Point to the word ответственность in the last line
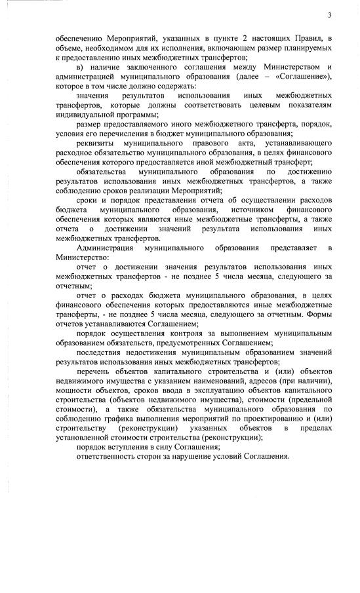(x=111, y=456)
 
